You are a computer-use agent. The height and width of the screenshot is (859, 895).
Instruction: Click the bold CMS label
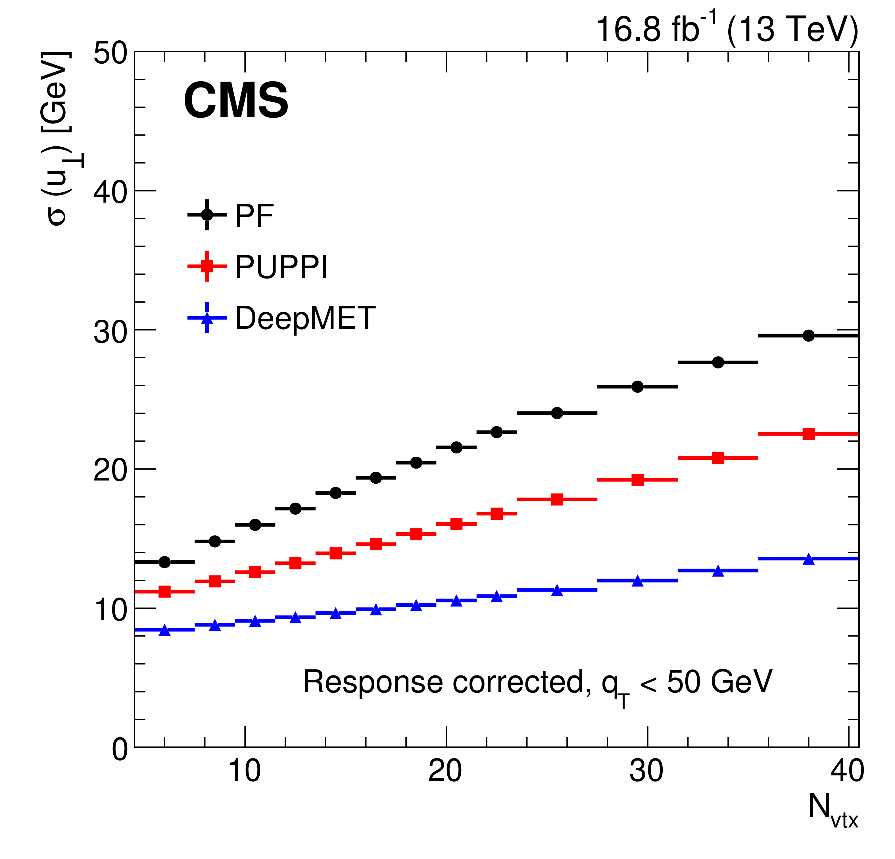236,101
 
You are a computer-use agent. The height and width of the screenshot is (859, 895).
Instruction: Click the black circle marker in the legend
207,214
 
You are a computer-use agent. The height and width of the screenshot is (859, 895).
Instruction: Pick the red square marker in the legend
207,266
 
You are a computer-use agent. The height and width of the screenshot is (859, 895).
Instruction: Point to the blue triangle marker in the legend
207,318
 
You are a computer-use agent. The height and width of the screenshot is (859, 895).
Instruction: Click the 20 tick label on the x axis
445,771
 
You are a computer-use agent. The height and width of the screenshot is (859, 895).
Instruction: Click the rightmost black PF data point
808,335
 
